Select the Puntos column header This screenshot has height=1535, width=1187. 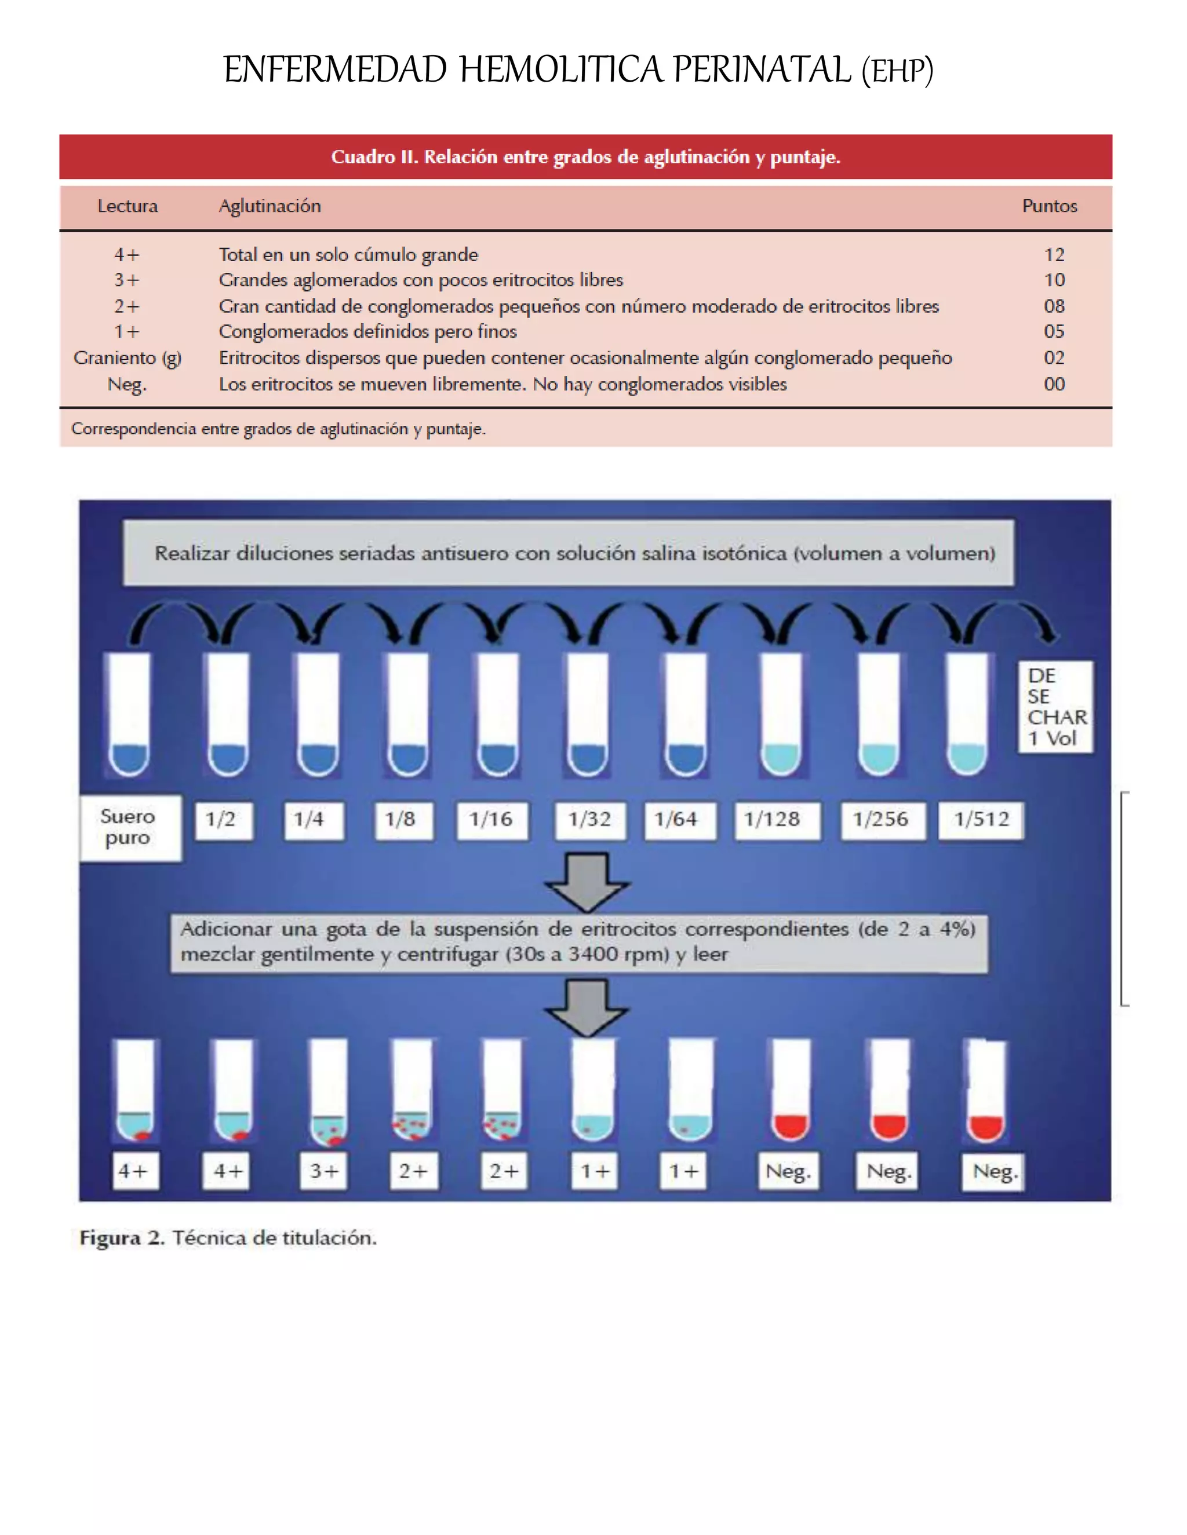pyautogui.click(x=1048, y=206)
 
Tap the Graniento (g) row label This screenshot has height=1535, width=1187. pyautogui.click(x=128, y=358)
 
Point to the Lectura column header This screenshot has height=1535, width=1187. pyautogui.click(x=128, y=206)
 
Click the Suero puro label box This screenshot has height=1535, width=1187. pyautogui.click(x=129, y=827)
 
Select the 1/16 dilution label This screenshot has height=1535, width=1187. pyautogui.click(x=491, y=820)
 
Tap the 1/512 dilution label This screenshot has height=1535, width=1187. pyautogui.click(x=981, y=820)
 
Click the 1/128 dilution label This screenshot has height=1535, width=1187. pyautogui.click(x=772, y=820)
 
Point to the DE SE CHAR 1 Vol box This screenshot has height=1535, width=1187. pyautogui.click(x=1055, y=706)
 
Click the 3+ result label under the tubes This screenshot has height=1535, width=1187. pyautogui.click(x=324, y=1171)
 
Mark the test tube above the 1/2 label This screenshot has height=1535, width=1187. pyautogui.click(x=227, y=714)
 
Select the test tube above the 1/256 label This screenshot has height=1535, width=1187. pyautogui.click(x=877, y=714)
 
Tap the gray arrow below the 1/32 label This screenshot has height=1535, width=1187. pyautogui.click(x=587, y=882)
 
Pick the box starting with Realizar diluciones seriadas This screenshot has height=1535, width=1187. pyautogui.click(x=568, y=553)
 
